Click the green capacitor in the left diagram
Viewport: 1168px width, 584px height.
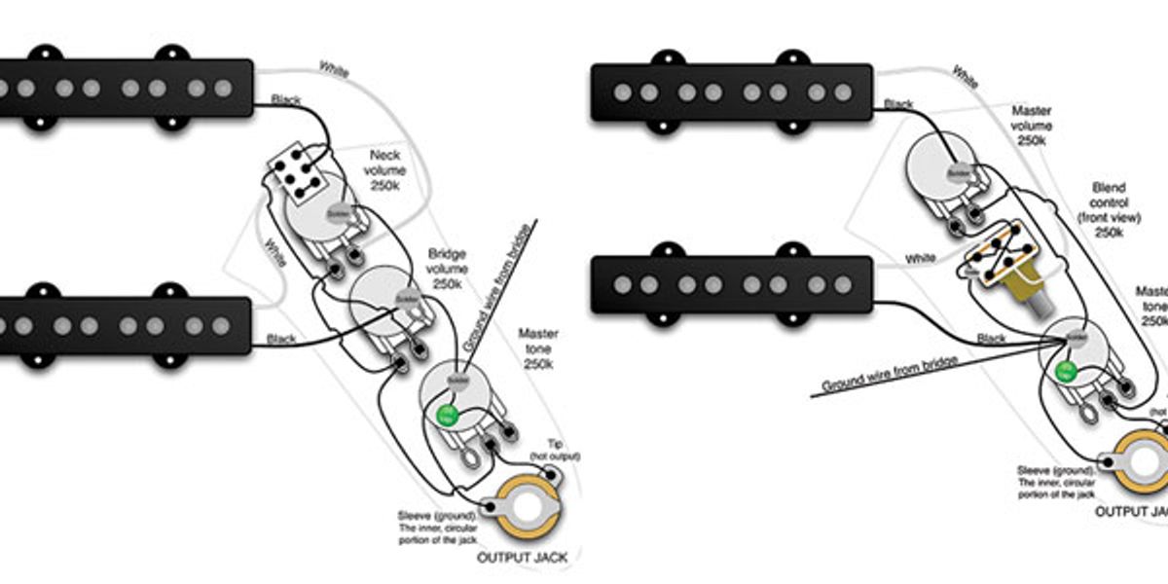pos(448,416)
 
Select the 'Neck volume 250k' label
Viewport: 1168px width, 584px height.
pos(386,171)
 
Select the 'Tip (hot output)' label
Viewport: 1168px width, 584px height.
pos(556,450)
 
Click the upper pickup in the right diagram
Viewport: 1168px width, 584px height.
pos(731,92)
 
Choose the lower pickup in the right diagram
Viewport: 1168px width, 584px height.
pos(731,284)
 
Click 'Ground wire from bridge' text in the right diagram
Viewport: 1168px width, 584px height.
pos(891,373)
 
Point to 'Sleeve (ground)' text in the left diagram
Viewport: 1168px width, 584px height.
pos(436,515)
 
